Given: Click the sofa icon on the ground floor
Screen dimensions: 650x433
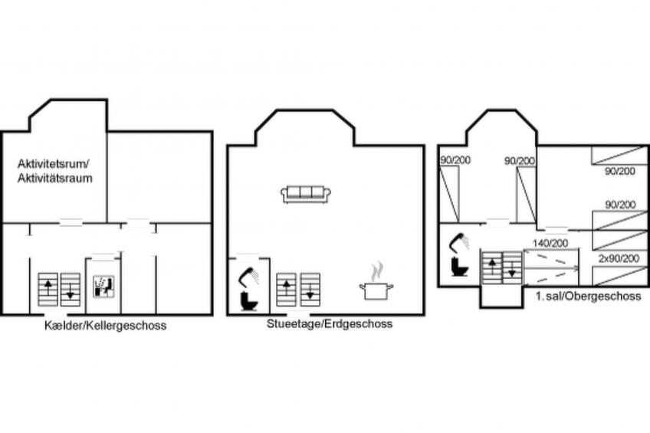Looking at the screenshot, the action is (x=306, y=195).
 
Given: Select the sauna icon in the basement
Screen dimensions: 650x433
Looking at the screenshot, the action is (x=103, y=287).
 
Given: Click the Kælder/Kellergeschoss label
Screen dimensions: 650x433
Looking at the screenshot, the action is (x=105, y=326).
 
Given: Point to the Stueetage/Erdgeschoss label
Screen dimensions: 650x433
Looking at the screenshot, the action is (x=330, y=323).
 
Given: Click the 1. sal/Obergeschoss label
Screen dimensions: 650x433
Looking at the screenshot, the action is (x=588, y=297).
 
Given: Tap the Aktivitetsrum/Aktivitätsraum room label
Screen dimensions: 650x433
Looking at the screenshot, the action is (x=54, y=171).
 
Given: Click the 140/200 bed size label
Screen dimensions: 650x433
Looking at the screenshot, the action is (x=550, y=243).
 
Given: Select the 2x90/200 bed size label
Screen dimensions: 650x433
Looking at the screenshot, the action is (x=619, y=258).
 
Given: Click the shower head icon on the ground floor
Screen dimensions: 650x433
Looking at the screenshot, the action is (x=248, y=276).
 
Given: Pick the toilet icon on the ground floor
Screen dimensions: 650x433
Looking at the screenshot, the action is (x=248, y=301).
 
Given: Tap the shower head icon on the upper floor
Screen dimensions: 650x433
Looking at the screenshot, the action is (x=459, y=243).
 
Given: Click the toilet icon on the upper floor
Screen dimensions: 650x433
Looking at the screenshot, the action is (x=459, y=267).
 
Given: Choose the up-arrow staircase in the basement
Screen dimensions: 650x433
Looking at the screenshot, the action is (x=48, y=290).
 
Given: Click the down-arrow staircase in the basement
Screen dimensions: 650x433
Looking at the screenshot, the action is (x=70, y=290).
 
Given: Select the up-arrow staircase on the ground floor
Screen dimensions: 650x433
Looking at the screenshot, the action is (x=287, y=290).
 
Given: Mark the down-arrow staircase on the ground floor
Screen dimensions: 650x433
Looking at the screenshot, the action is (x=310, y=290).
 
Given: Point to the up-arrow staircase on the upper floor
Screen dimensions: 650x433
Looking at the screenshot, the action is (x=492, y=267).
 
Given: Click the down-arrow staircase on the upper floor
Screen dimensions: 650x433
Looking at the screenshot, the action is (x=512, y=267).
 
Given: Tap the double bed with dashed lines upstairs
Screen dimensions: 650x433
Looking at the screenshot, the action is (x=551, y=267).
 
